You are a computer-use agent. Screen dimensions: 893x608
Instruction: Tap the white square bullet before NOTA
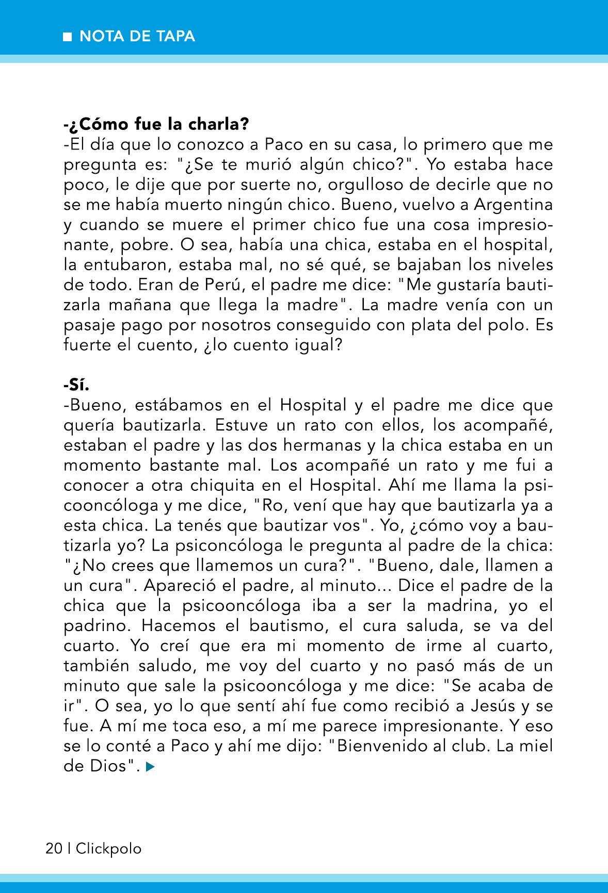click(x=67, y=37)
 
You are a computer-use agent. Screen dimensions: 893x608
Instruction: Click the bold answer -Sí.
click(x=77, y=385)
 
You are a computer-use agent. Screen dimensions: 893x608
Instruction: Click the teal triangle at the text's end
click(x=150, y=767)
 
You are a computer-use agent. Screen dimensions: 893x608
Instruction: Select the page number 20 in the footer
click(x=54, y=849)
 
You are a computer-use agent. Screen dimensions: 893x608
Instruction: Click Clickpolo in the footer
click(x=108, y=849)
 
